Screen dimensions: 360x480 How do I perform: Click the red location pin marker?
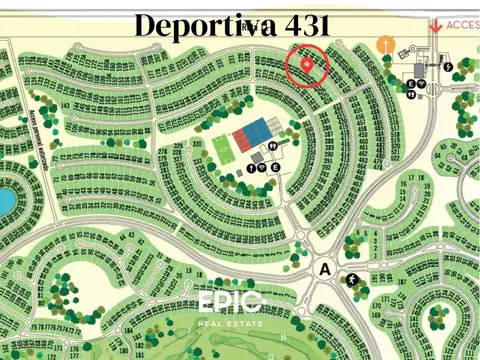[x=307, y=64]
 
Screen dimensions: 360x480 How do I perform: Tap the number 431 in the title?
[x=300, y=25]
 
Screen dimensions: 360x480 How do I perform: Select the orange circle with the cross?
[x=386, y=45]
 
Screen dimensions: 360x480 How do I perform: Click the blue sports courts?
[x=259, y=130]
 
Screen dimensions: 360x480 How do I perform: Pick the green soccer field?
[x=221, y=147]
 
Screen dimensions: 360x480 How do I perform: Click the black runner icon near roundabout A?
[x=354, y=280]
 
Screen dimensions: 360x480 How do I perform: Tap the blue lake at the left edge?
[x=5, y=201]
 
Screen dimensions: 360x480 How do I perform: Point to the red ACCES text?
[x=463, y=25]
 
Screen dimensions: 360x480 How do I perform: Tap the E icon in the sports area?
[x=274, y=167]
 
